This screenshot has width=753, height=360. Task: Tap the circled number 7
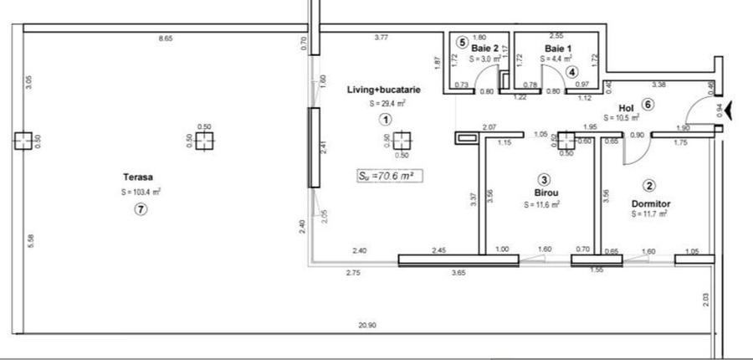(x=141, y=210)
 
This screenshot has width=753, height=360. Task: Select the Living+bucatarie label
(x=385, y=90)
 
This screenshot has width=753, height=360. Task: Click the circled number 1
(x=385, y=120)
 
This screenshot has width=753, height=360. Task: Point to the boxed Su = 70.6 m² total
(x=387, y=176)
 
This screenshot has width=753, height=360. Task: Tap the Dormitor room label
(x=650, y=203)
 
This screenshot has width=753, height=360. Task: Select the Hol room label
(x=626, y=108)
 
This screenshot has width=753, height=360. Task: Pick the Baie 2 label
(x=484, y=49)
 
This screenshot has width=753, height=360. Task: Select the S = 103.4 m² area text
(x=141, y=192)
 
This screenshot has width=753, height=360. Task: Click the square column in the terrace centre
(x=203, y=140)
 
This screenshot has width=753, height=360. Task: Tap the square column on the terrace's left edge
(x=23, y=140)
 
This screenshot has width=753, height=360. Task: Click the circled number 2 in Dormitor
(x=648, y=186)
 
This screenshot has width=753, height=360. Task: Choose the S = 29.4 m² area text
(x=387, y=104)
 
